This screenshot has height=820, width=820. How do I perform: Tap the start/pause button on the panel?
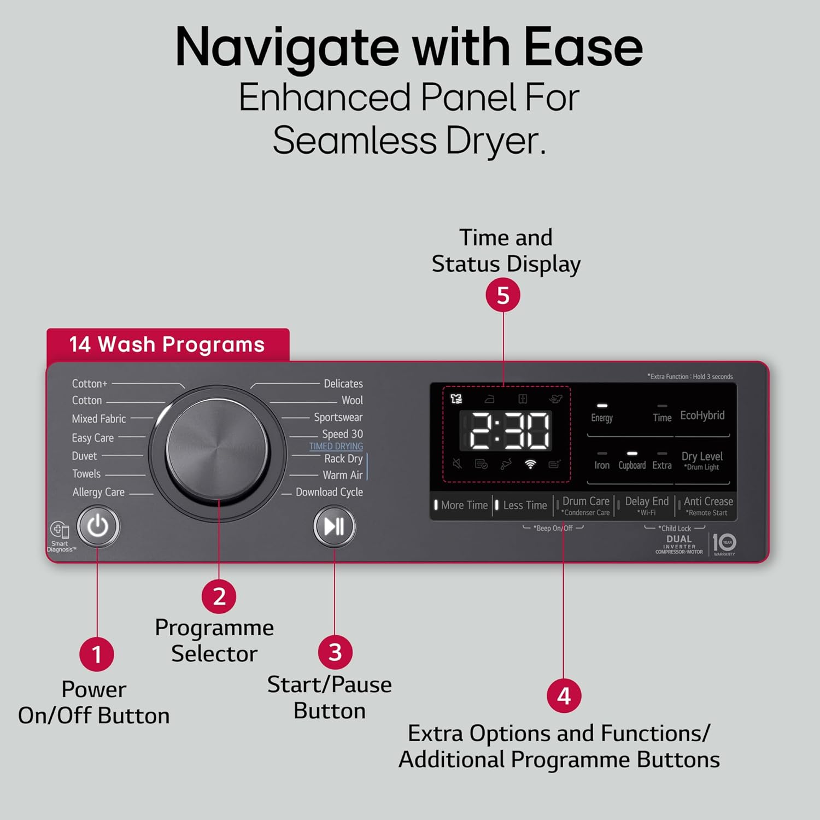(x=334, y=526)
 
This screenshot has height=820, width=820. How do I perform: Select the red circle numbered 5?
(x=503, y=296)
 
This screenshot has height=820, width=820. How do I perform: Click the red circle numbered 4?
(x=564, y=696)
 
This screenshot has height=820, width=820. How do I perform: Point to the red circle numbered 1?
(x=97, y=654)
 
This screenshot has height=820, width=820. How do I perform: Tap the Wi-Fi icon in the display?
(x=530, y=464)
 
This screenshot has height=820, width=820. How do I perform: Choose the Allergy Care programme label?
(x=98, y=492)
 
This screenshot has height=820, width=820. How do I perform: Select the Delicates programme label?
(x=343, y=384)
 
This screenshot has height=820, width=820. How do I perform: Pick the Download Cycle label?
(x=329, y=492)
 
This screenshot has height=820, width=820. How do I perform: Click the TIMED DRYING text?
(x=336, y=446)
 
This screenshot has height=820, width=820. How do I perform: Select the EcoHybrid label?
(x=702, y=415)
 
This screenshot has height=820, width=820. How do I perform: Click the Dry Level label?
(x=702, y=456)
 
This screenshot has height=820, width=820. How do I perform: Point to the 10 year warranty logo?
(x=724, y=543)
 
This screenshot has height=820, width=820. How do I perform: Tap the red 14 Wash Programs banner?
(x=168, y=345)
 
